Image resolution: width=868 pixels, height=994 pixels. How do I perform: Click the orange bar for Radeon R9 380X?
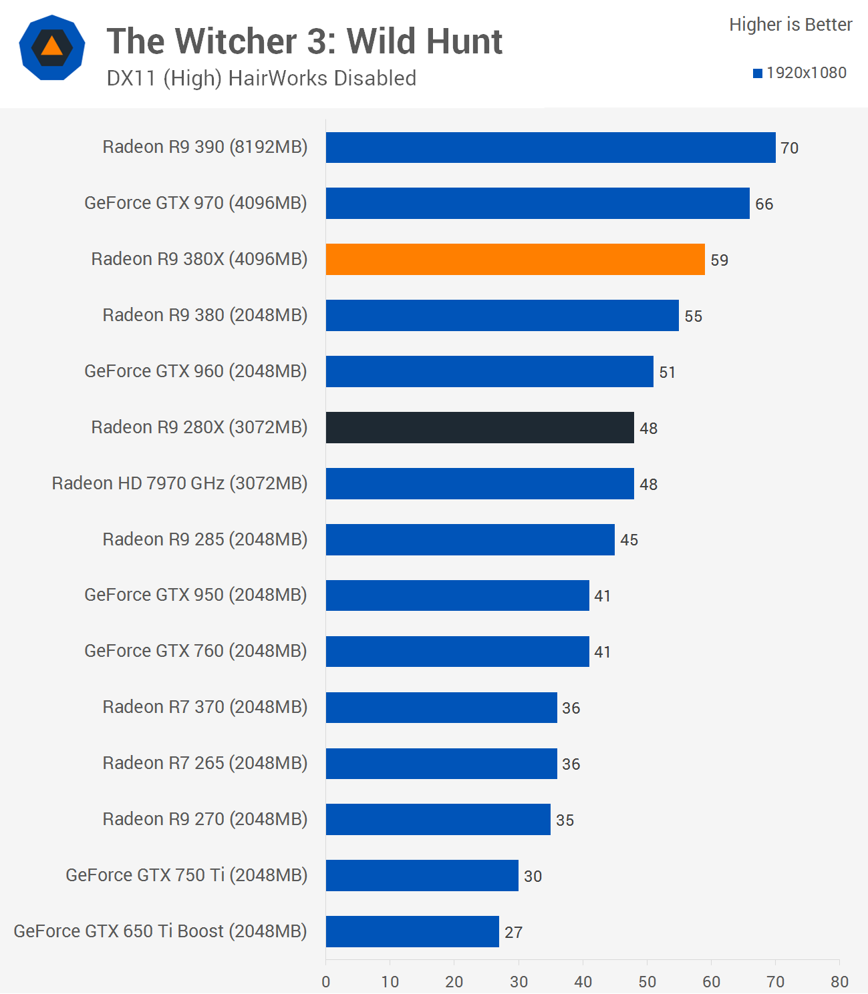515,259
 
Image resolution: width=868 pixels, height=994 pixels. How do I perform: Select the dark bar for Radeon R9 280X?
480,427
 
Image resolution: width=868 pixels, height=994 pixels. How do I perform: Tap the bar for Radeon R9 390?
551,148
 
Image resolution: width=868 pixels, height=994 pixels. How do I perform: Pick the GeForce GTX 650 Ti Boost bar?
412,931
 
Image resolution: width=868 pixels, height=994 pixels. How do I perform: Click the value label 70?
789,148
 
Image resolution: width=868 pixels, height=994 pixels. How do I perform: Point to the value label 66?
764,204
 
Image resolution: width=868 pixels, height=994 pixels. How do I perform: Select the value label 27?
513,933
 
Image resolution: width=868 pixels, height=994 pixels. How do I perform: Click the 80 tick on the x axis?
839,982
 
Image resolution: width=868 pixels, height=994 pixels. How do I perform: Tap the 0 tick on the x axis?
326,982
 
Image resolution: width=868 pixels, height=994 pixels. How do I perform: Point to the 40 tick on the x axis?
583,982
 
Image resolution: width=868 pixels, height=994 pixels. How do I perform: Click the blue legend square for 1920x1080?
758,73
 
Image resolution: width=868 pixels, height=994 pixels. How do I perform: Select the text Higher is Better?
790,25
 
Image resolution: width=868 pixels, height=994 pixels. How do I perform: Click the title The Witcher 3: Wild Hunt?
305,41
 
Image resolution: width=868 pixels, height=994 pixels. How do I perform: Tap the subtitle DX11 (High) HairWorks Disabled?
261,79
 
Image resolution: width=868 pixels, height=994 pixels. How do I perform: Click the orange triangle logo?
51,47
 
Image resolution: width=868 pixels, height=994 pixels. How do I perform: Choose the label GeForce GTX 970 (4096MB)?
196,203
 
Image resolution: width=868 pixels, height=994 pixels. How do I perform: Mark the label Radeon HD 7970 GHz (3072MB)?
180,483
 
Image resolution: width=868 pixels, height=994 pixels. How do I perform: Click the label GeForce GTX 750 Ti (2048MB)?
186,875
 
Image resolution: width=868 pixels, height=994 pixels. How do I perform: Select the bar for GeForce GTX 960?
490,371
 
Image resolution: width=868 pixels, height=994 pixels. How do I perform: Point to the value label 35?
565,820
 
